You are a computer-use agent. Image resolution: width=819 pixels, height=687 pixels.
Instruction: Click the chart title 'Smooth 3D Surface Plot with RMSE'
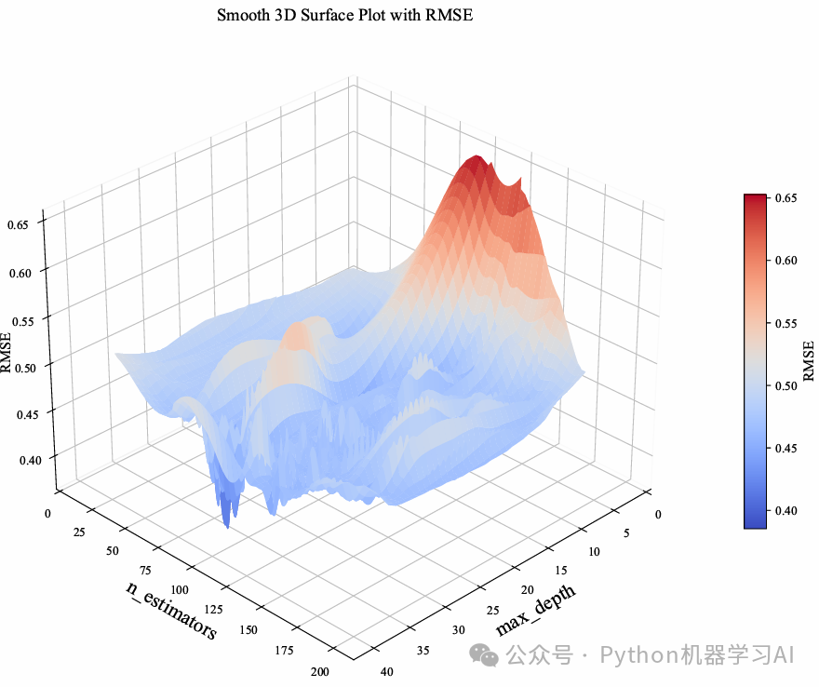[x=345, y=15]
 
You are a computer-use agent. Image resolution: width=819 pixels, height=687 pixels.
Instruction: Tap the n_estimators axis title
[x=171, y=610]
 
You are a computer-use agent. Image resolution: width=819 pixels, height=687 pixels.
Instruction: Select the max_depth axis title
[x=535, y=611]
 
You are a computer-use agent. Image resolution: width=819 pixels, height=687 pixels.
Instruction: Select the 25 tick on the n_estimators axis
[x=76, y=531]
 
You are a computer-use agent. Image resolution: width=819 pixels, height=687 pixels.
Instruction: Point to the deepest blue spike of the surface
[x=227, y=521]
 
